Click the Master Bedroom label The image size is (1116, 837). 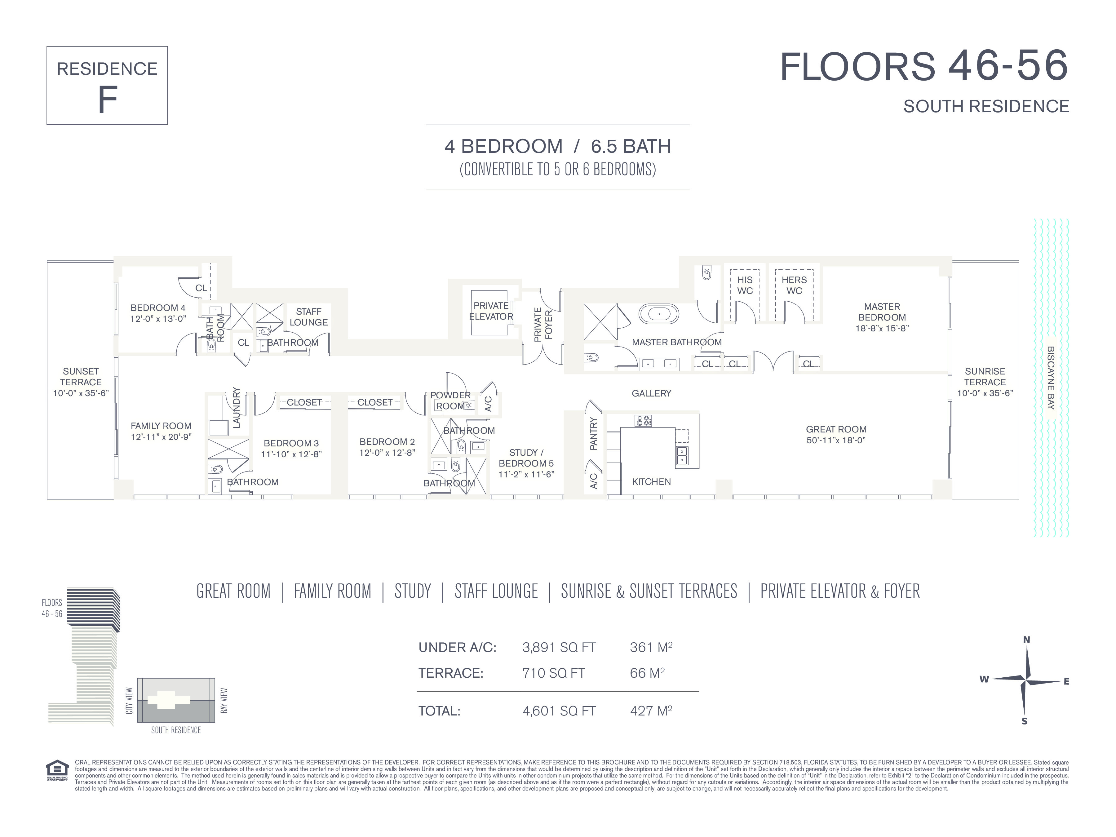coord(882,312)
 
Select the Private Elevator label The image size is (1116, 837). coord(491,311)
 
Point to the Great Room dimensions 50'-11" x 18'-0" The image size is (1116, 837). coord(836,440)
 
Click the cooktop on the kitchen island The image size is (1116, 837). coord(643,420)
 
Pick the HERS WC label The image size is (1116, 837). coord(794,285)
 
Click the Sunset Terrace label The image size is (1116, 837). coord(81,376)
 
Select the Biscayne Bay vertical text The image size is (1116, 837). coord(1051,377)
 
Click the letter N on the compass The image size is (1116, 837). coord(1026,640)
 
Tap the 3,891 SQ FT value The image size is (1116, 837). coord(559,647)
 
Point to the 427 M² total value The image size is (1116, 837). coord(651,711)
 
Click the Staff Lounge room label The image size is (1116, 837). coord(309,317)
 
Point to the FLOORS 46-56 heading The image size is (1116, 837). coord(924,66)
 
